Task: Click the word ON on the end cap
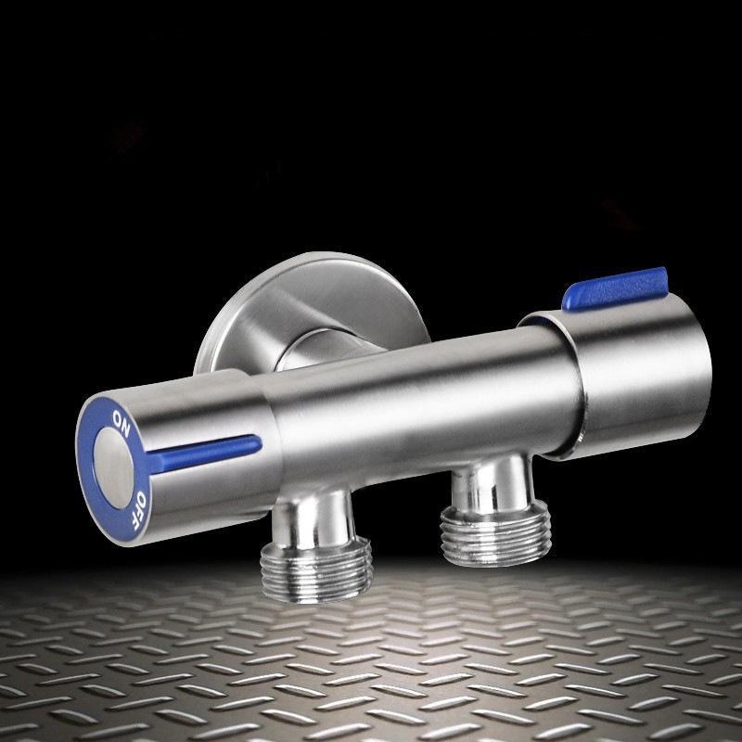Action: point(122,423)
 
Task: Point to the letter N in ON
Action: point(125,429)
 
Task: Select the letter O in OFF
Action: point(141,498)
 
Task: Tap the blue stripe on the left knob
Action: point(204,453)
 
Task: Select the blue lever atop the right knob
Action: point(615,288)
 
